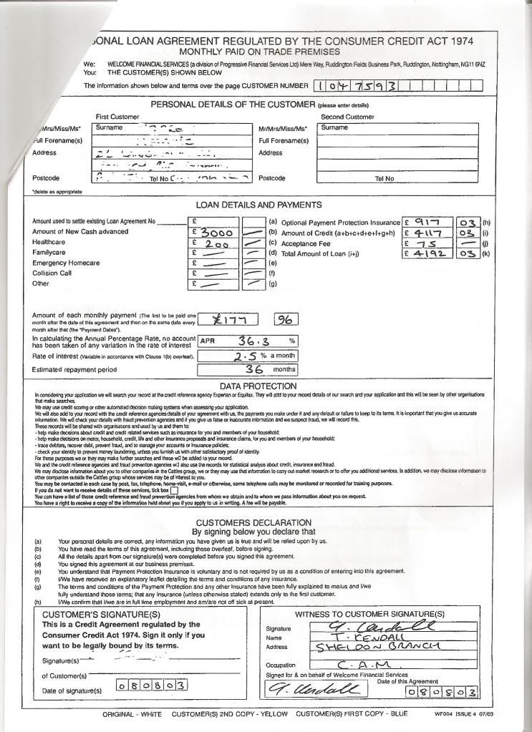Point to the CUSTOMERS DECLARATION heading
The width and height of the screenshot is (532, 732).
click(x=253, y=522)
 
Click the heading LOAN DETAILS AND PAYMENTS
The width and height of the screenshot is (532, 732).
click(x=258, y=205)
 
